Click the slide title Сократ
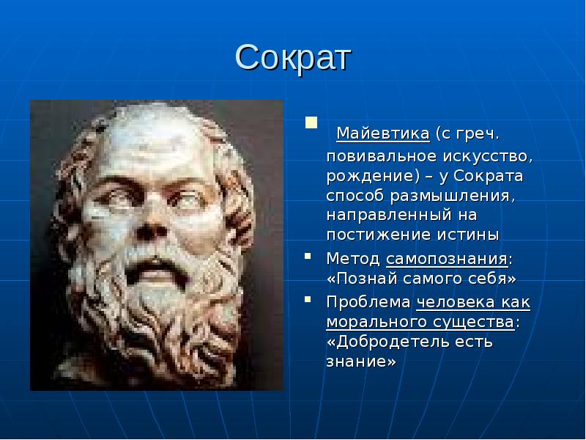[293, 58]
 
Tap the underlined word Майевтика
[383, 134]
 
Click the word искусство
[488, 156]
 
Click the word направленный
[389, 216]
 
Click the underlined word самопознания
[447, 260]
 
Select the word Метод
[353, 259]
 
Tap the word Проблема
[368, 302]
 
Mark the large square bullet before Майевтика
[311, 122]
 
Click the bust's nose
[151, 224]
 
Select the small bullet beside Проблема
[308, 299]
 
